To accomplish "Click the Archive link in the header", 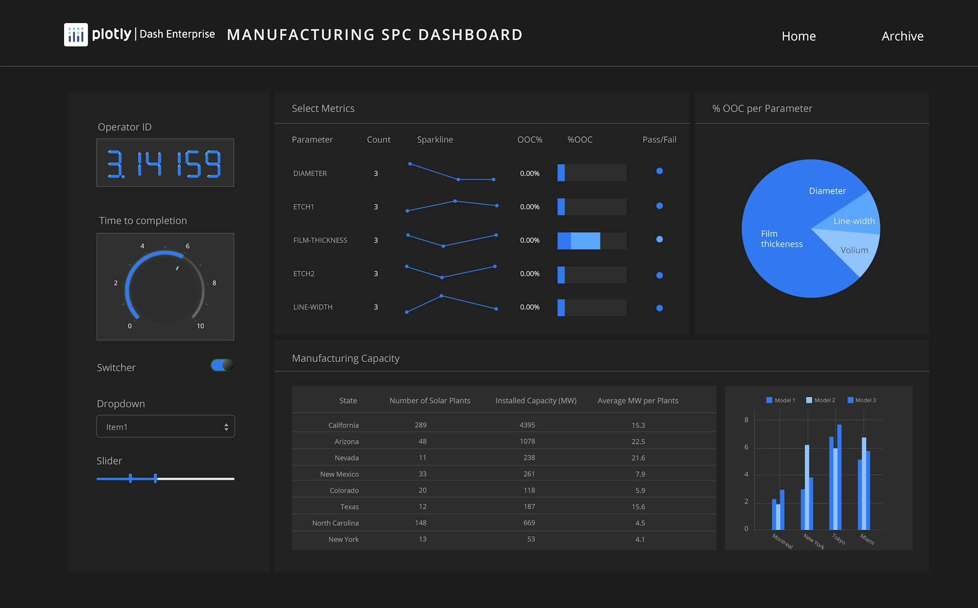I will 902,36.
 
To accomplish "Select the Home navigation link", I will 798,36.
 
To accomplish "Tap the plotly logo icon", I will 76,35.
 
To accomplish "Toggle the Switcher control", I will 222,365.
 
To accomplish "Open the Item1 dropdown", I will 166,427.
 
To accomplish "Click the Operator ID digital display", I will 165,163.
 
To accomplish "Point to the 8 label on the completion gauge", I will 214,283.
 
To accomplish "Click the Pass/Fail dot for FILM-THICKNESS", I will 659,239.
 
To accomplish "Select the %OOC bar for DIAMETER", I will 592,173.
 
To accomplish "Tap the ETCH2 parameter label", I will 304,274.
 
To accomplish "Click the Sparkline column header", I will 435,139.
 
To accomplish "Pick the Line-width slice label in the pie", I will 854,221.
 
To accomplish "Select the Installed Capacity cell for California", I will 527,425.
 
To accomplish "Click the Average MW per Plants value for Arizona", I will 638,442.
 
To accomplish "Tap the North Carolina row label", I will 335,523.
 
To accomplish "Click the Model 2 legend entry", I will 821,400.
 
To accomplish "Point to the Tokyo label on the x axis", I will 839,539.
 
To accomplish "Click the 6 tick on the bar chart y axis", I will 746,447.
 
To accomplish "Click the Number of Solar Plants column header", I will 430,401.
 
